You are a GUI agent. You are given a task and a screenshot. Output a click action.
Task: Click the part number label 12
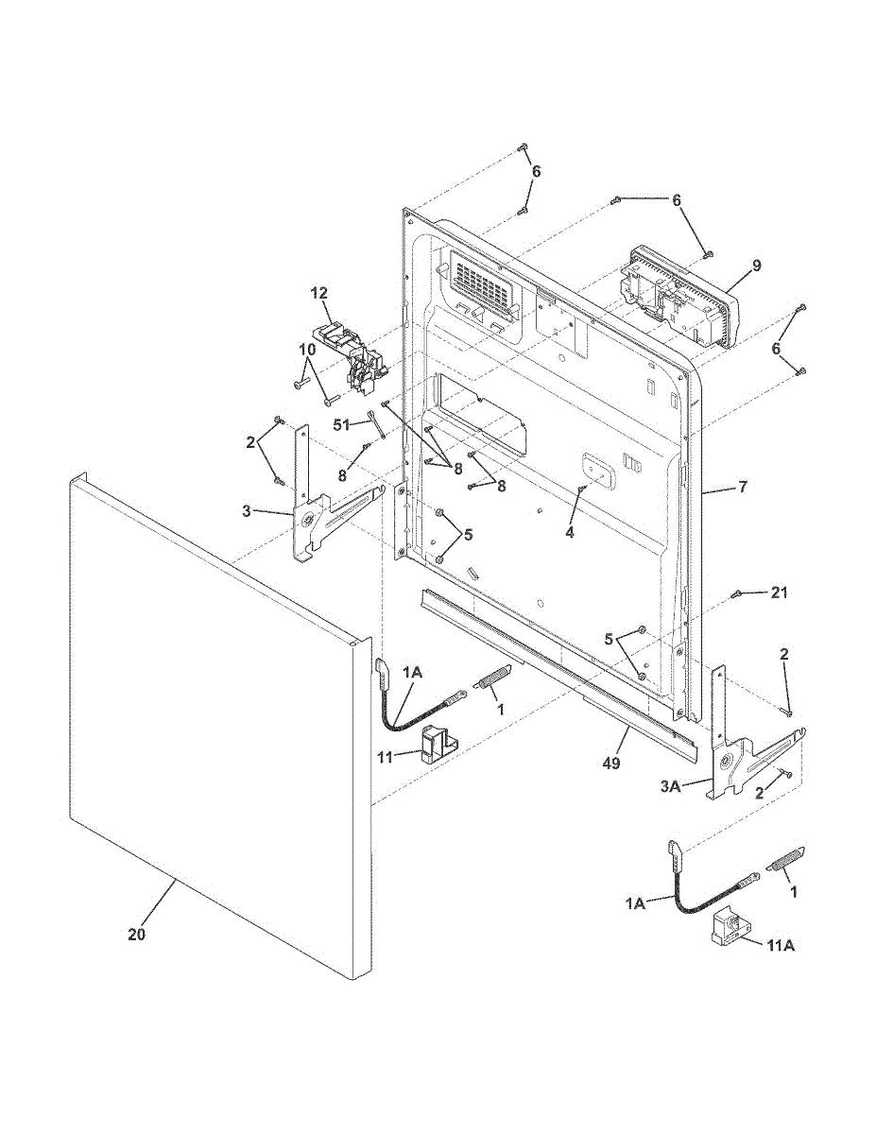318,293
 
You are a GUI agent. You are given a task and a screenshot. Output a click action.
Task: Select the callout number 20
137,935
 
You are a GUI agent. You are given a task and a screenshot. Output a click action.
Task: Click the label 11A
780,945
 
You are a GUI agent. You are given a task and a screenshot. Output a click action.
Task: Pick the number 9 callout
756,266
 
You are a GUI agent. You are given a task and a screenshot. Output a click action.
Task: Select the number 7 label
743,488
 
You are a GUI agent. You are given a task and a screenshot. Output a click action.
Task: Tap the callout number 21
778,593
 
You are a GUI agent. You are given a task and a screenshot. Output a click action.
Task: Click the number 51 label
342,424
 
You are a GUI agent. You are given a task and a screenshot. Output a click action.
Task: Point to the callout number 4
569,532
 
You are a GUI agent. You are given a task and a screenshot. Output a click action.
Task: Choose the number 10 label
307,349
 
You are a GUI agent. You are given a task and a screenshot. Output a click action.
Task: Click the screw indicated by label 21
736,594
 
